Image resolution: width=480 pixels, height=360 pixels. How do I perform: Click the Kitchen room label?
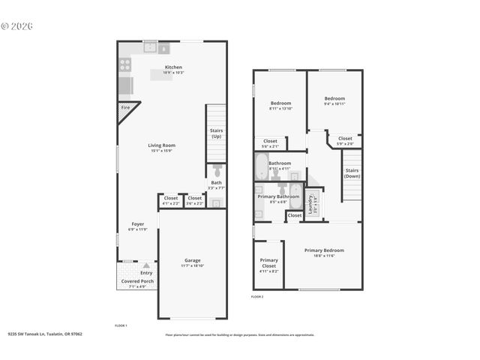tap(173, 67)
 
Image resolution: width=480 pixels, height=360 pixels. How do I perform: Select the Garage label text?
tap(192, 260)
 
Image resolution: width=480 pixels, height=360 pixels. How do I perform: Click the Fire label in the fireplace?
tap(124, 109)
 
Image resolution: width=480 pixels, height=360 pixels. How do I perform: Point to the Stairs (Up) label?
tap(216, 133)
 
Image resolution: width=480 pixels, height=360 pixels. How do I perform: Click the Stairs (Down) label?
tap(352, 172)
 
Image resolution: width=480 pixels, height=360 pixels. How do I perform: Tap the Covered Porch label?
tap(137, 281)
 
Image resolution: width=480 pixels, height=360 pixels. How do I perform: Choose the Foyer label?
tap(137, 223)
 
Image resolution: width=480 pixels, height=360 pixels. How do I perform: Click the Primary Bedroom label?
tap(324, 250)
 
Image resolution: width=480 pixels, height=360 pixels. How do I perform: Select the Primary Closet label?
tap(268, 262)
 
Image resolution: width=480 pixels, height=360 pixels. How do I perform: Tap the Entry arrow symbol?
tap(146, 265)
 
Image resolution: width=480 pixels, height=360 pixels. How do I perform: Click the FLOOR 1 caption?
tap(121, 325)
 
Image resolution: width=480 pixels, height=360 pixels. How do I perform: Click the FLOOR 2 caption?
tap(257, 297)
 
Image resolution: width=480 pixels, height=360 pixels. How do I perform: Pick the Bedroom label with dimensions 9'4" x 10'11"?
tap(334, 98)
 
